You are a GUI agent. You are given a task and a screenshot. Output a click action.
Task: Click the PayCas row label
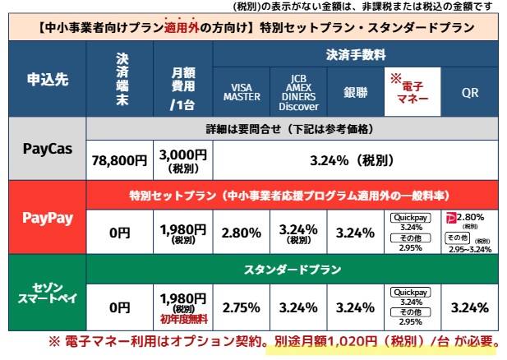(x=45, y=152)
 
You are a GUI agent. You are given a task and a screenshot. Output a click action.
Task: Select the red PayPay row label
(x=45, y=220)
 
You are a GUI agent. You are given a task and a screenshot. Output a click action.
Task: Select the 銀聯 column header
(x=355, y=93)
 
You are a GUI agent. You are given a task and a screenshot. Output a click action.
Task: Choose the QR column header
(x=470, y=93)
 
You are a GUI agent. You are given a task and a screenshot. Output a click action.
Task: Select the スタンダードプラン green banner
(x=296, y=269)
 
